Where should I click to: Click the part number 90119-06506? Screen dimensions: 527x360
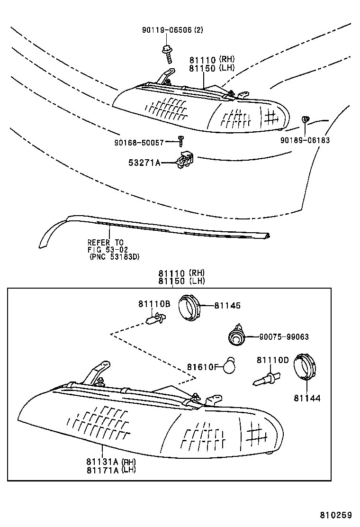[x=167, y=30]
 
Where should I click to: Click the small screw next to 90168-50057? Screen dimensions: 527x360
[x=180, y=140]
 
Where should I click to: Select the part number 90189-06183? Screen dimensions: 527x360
[x=305, y=140]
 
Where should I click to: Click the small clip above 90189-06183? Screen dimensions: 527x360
[x=306, y=119]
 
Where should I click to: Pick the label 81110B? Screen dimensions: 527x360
[x=154, y=304]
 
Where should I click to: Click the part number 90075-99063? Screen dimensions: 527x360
[x=284, y=337]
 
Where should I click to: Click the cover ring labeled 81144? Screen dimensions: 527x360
[x=304, y=368]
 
